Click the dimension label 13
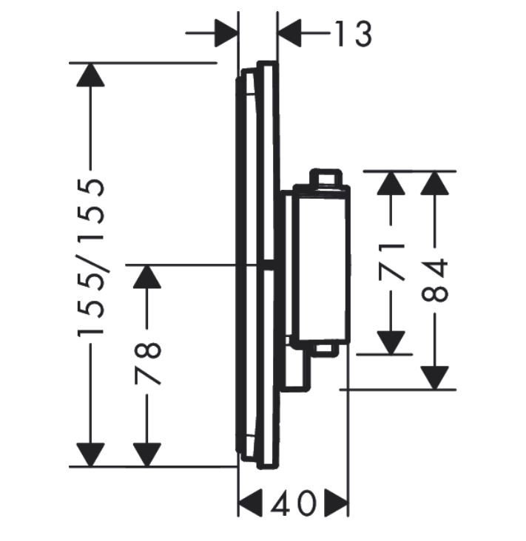pyautogui.click(x=351, y=33)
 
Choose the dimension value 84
pyautogui.click(x=436, y=280)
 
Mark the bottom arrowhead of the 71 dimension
pyautogui.click(x=391, y=341)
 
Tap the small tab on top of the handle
pyautogui.click(x=326, y=177)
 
